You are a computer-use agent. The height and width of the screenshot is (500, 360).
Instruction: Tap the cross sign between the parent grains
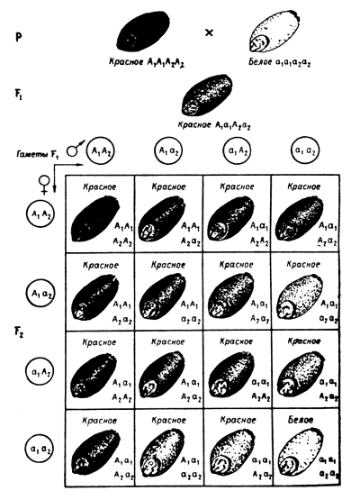pyautogui.click(x=211, y=32)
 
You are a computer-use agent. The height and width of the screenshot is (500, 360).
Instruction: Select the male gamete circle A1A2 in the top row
pyautogui.click(x=102, y=153)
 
